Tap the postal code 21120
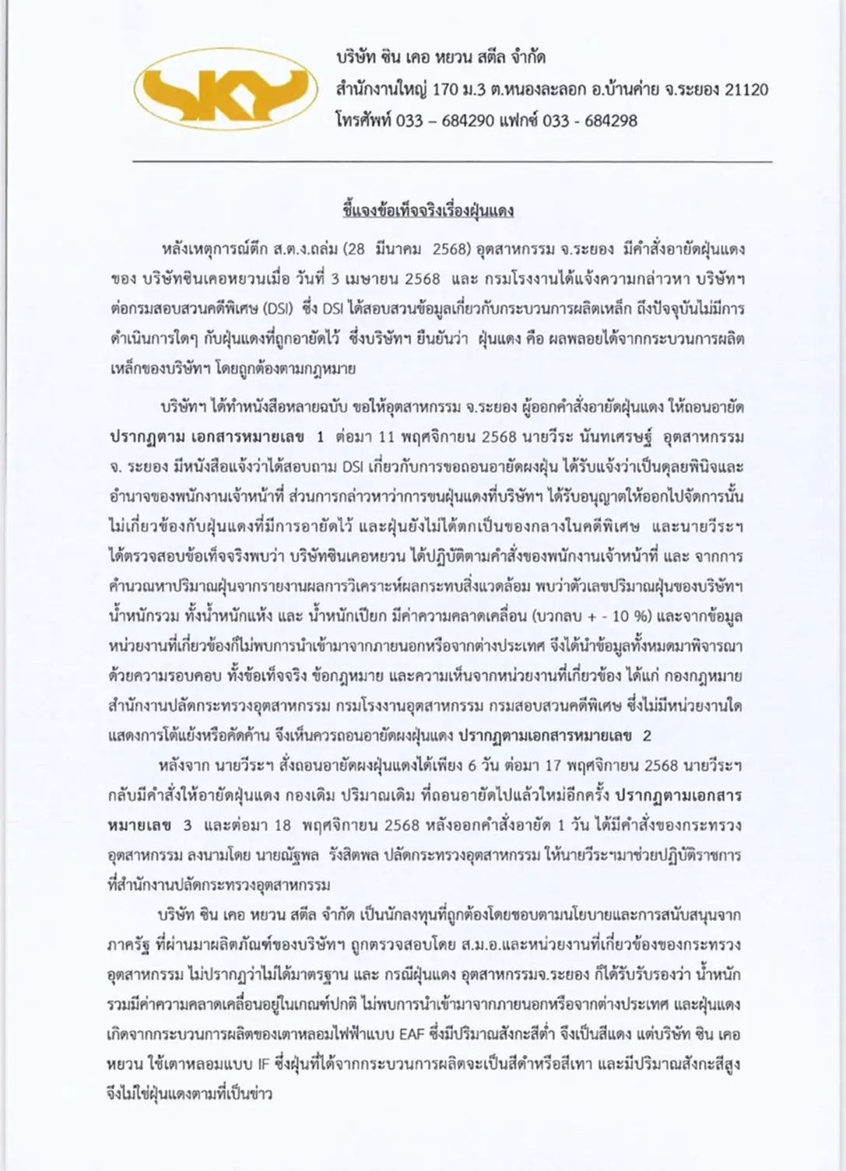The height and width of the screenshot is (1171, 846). [x=746, y=89]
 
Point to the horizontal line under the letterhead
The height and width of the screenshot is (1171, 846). [x=452, y=162]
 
